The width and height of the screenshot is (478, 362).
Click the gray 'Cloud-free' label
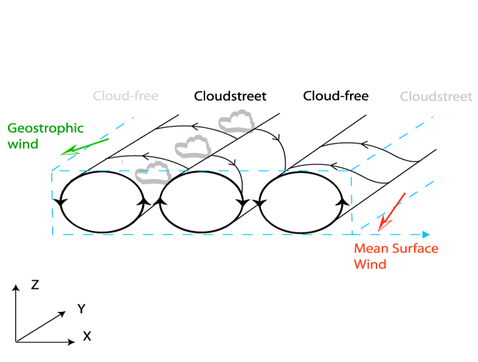(126, 96)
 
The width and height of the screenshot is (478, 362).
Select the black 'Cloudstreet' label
(230, 96)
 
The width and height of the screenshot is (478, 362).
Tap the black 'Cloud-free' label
(335, 96)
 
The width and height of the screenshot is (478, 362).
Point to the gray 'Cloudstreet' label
(435, 96)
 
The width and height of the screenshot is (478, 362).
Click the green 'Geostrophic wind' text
(36, 135)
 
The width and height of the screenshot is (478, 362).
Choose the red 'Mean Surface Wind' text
(396, 256)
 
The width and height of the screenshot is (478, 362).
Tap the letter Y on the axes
(82, 309)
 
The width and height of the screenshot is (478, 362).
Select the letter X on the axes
(87, 336)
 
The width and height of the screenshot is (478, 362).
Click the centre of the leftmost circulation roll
(101, 202)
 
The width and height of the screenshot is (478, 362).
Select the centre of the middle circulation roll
(201, 202)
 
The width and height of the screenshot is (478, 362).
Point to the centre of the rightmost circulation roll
(302, 202)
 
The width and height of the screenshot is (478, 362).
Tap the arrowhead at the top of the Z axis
(15, 285)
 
